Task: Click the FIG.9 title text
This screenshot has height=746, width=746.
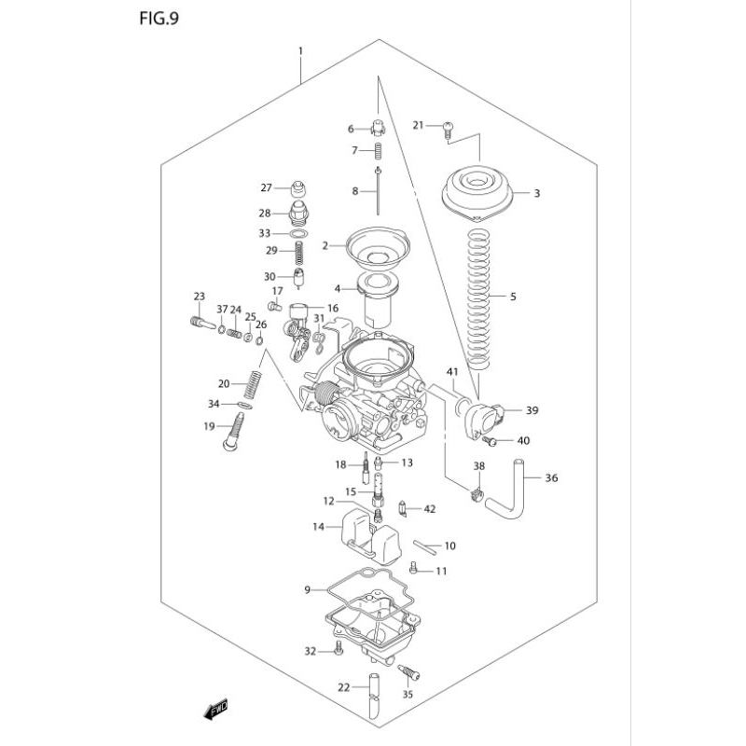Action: tap(159, 19)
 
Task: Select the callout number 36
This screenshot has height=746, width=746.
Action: tap(551, 477)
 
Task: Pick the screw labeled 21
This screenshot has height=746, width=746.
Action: tap(448, 130)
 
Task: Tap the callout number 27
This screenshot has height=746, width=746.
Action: tap(266, 188)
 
